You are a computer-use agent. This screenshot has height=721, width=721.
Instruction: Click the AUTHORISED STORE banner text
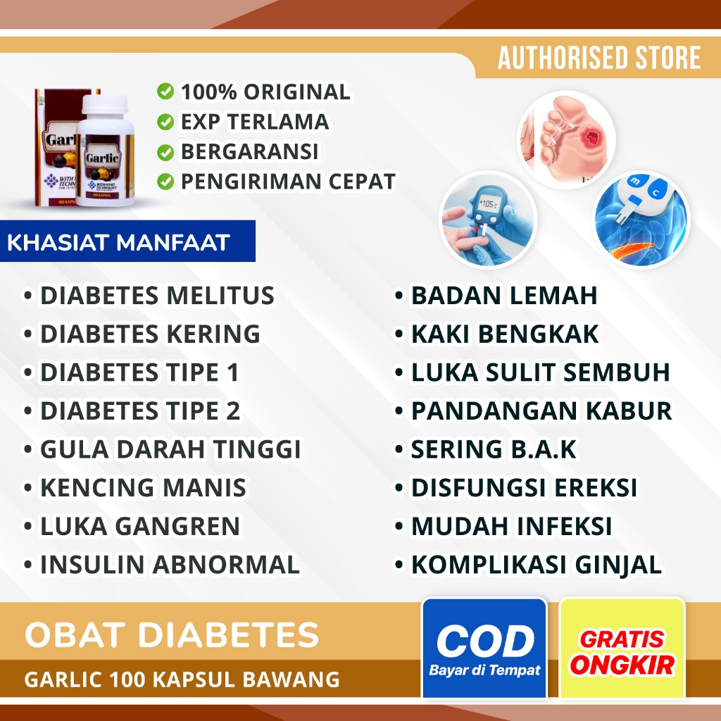coord(599,58)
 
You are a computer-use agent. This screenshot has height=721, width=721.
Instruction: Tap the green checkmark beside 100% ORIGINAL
coord(165,92)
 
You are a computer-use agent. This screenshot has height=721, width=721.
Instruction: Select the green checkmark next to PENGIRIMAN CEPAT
coord(165,181)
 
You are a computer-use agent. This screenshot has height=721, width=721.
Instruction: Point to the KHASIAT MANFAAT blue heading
coord(118,243)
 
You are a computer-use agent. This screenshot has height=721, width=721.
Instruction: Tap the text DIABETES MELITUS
coord(156,296)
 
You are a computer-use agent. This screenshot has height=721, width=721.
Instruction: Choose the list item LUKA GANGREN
coord(139,526)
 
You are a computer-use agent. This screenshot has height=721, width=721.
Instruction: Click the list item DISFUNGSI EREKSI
coord(524,487)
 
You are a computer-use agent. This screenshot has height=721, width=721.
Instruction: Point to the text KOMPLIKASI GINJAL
coord(536,565)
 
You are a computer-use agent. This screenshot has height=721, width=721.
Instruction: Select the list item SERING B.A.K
coord(493,449)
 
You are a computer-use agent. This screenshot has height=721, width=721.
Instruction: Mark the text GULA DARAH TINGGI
coord(170,449)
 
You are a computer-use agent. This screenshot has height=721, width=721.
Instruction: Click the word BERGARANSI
coord(249,151)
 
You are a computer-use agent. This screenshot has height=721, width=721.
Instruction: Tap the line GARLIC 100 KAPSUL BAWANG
coord(182,680)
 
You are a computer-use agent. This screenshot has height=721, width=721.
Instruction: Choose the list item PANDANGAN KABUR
coord(541,410)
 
